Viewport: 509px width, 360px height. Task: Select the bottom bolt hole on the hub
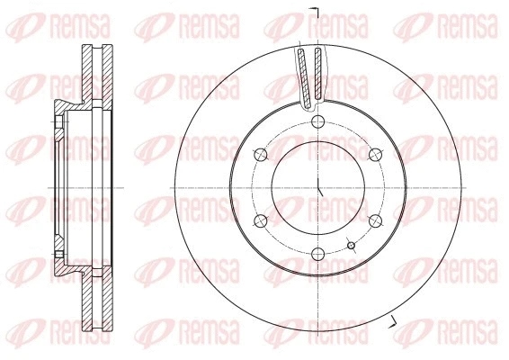(x=318, y=254)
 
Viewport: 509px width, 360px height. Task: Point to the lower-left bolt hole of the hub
(x=261, y=220)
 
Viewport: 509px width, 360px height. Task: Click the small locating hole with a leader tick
(x=351, y=245)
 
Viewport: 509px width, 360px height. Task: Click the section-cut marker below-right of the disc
(x=393, y=322)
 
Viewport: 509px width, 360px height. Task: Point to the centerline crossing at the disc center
(x=318, y=187)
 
